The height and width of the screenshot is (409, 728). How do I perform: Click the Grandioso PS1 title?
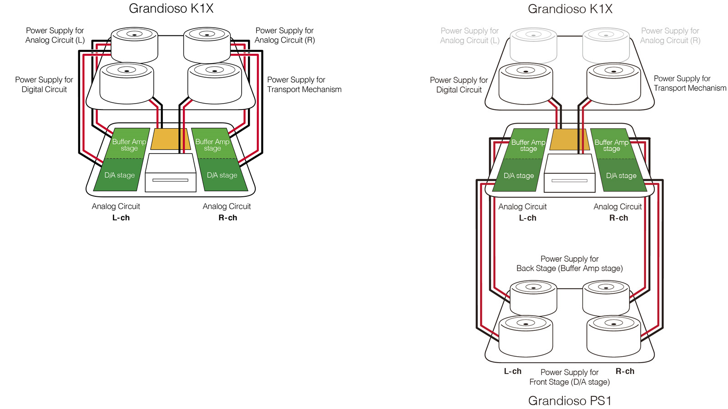(x=570, y=400)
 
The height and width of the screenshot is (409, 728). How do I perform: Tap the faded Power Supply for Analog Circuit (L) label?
(x=470, y=35)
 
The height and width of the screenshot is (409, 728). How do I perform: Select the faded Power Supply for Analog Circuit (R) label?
(x=670, y=35)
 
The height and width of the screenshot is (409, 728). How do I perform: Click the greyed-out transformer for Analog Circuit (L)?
(x=533, y=45)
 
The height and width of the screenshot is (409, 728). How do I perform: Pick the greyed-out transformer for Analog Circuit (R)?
(x=606, y=45)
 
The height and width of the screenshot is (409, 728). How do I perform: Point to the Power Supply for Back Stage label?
(x=569, y=264)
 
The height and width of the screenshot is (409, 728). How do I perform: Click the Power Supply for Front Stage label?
(x=569, y=377)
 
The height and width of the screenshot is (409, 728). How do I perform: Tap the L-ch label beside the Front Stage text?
(x=512, y=371)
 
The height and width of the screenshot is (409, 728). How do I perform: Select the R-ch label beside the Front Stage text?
(x=625, y=371)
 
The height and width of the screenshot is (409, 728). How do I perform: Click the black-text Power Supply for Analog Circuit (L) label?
(x=55, y=35)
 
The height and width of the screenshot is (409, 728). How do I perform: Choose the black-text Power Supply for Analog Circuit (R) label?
(x=284, y=35)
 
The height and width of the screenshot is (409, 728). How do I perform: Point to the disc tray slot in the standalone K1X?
(x=170, y=180)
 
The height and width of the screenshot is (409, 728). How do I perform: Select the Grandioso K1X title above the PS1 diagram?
(x=570, y=9)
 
